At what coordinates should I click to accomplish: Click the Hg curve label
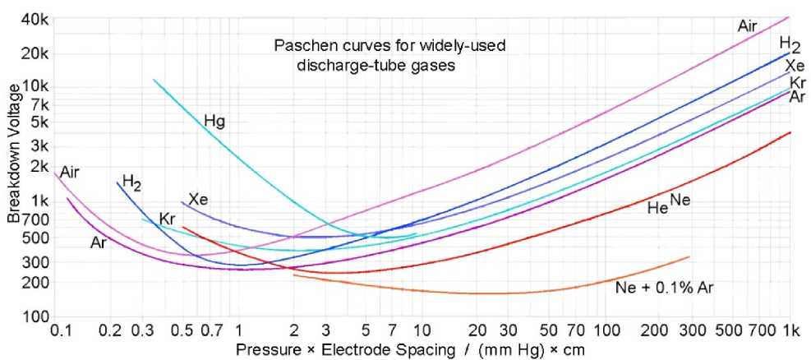(x=214, y=121)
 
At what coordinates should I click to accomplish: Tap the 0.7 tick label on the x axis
(x=212, y=330)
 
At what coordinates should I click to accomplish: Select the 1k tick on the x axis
(x=790, y=330)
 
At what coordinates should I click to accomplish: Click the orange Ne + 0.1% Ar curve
(x=493, y=293)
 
